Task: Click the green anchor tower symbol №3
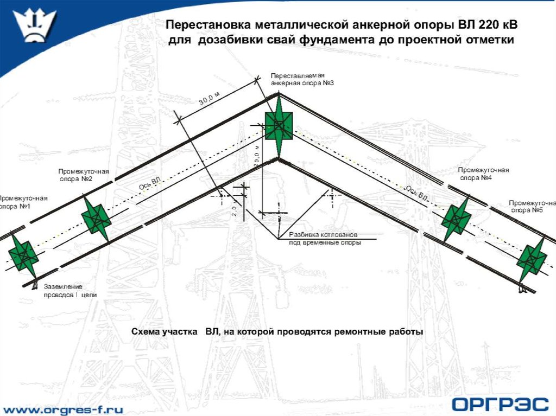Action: click(x=279, y=125)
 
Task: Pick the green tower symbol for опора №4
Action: click(x=456, y=219)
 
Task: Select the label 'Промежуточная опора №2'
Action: click(x=84, y=175)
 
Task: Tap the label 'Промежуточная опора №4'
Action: click(x=483, y=174)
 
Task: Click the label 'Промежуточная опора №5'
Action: click(x=532, y=206)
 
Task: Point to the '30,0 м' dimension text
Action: click(x=210, y=100)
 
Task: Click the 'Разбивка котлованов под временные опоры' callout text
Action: click(x=325, y=239)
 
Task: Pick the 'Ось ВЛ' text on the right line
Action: click(x=416, y=193)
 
